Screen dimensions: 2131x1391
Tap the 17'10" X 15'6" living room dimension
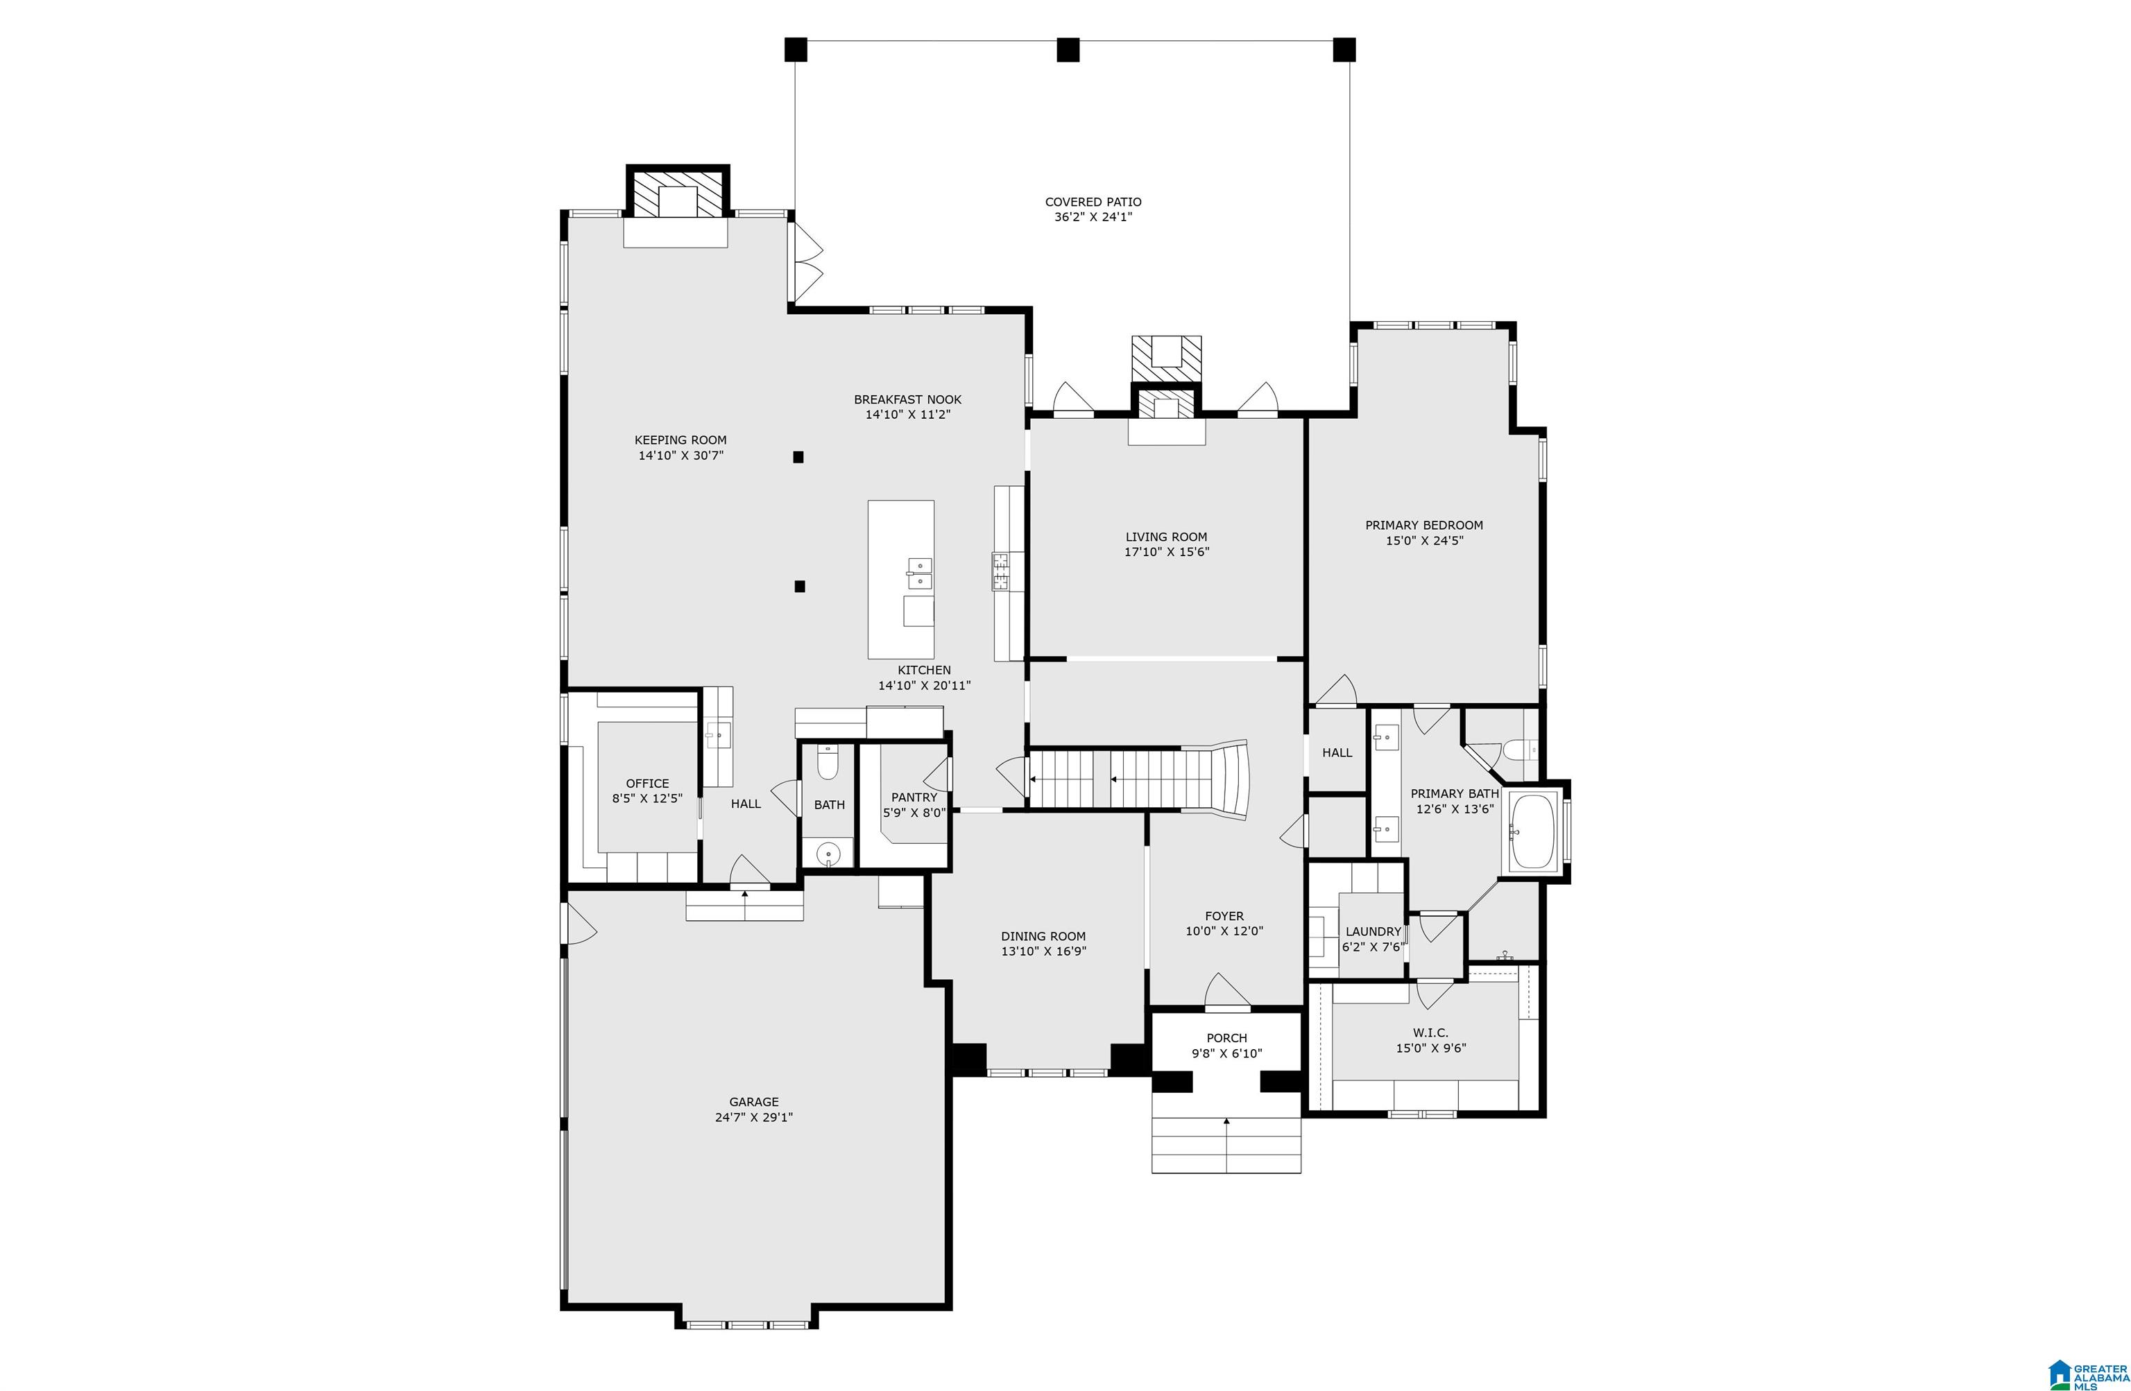1167,552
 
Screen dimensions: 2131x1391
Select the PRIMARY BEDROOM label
1423,526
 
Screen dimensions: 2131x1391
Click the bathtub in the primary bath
1534,831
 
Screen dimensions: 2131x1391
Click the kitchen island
901,579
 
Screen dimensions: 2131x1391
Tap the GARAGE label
754,1102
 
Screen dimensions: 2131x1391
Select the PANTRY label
914,797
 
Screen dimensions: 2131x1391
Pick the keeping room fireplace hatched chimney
677,193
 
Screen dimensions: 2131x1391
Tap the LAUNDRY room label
1373,932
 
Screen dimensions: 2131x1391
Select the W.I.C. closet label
1431,1033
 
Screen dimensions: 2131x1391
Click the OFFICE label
647,784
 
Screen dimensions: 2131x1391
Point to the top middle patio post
1068,49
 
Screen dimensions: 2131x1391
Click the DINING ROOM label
1043,936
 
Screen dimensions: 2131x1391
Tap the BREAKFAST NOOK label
907,399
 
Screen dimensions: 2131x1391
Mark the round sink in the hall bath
828,854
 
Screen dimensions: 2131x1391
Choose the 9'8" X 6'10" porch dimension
1226,1053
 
